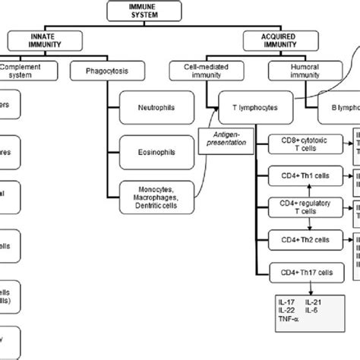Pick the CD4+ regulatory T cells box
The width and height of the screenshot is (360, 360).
(302, 208)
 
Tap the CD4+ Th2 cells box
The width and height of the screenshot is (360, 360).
(302, 239)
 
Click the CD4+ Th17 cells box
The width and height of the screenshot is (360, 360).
(302, 271)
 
